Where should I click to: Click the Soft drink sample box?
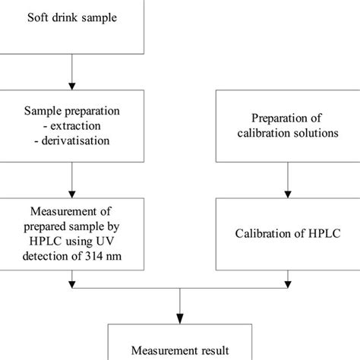(x=72, y=27)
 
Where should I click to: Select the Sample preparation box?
(x=72, y=126)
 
